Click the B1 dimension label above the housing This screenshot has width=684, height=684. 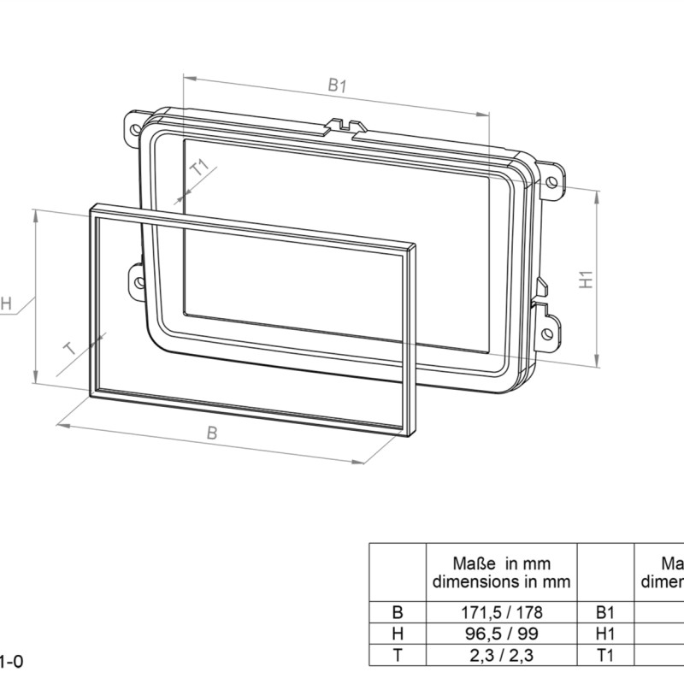pos(337,86)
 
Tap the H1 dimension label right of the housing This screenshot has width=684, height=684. pos(586,280)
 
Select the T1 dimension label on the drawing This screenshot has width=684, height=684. pos(199,168)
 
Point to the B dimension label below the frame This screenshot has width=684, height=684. pos(212,433)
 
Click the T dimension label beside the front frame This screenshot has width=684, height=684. pos(71,349)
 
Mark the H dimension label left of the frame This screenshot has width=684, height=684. pos(5,304)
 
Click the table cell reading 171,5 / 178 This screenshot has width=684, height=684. pos(501,612)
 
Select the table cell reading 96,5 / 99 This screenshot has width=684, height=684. pos(501,634)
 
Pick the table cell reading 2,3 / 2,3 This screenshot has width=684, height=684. pos(501,656)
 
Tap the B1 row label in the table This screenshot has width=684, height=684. pos(604,612)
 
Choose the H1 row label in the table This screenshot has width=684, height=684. pos(604,634)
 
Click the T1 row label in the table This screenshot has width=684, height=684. pos(604,656)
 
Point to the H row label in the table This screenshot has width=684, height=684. pos(397,634)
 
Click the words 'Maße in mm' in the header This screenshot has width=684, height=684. pos(501,563)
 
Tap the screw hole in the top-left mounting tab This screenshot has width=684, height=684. pos(135,131)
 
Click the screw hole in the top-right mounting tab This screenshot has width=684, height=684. pos(552,181)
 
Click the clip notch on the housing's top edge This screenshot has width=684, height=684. pos(342,127)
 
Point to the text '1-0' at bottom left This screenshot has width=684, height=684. pos(10,661)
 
